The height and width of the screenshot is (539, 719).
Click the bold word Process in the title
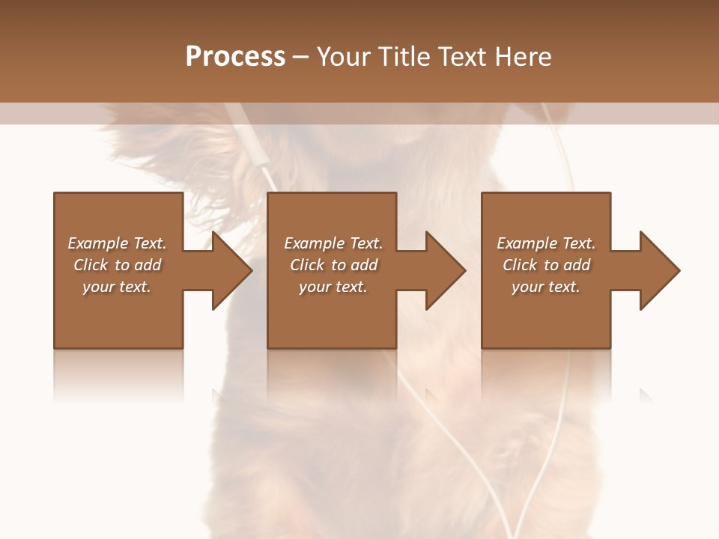click(235, 57)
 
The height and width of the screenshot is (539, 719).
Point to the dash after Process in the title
click(301, 58)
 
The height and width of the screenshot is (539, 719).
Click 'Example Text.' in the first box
click(117, 243)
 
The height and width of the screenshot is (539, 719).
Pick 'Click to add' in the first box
click(117, 265)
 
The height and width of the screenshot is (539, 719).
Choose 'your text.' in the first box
click(117, 287)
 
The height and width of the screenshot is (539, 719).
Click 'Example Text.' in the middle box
click(333, 243)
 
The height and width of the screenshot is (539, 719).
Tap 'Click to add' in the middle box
click(333, 265)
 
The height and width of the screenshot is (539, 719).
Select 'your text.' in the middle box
click(333, 287)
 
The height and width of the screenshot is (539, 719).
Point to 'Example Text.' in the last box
click(546, 243)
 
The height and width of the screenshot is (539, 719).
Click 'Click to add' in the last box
click(546, 265)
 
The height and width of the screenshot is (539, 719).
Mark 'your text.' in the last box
click(546, 287)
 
